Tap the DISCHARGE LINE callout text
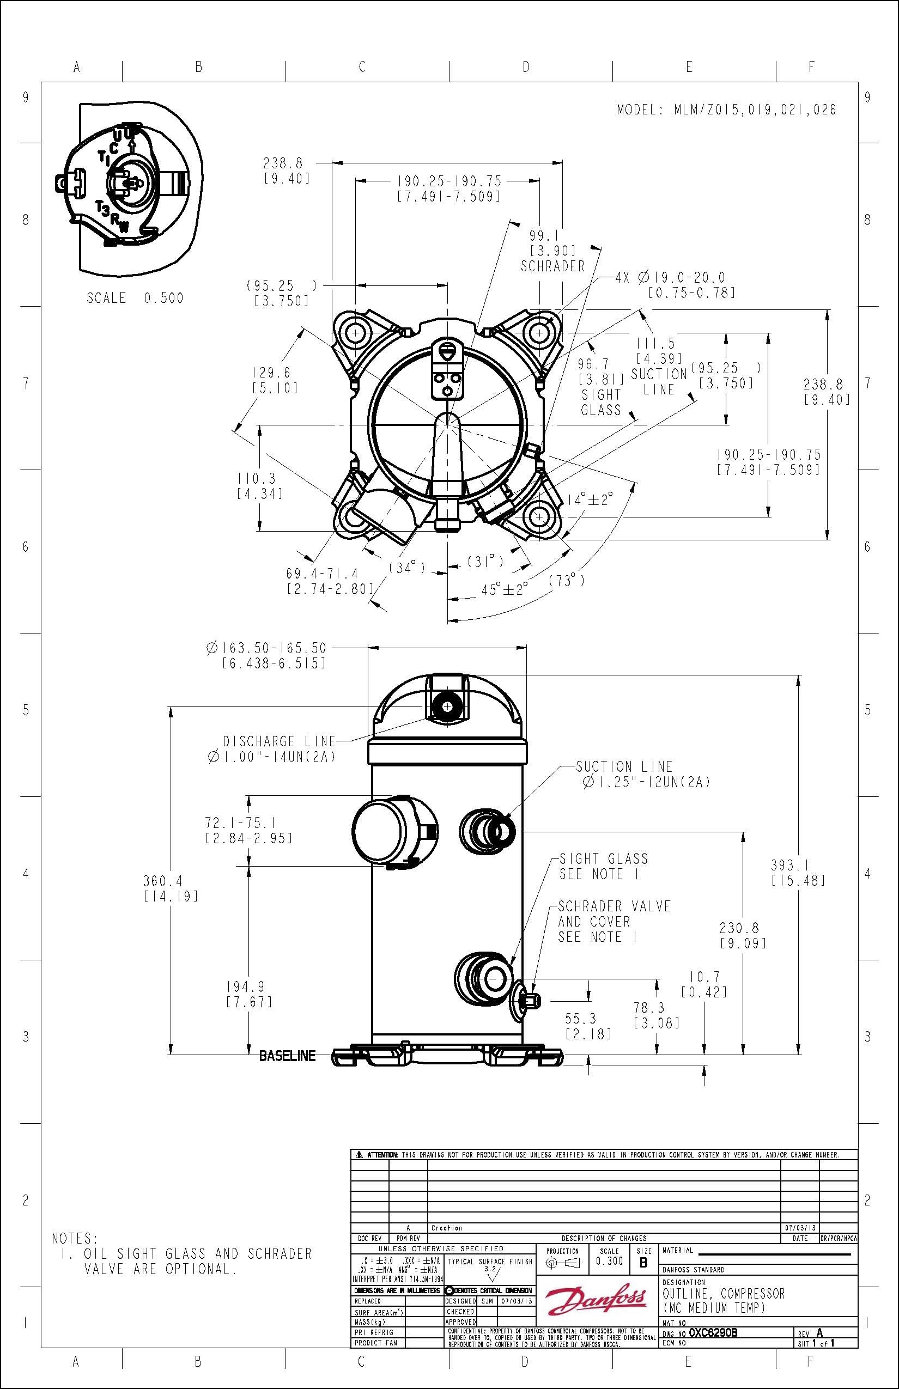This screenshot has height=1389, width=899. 279,742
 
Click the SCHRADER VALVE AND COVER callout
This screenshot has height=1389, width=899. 614,922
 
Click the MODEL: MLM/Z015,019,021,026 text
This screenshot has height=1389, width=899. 726,109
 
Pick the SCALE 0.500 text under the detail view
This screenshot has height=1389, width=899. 135,298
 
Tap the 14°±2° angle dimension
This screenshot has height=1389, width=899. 591,499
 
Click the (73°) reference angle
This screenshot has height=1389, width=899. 566,580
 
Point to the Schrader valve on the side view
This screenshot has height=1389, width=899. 529,1000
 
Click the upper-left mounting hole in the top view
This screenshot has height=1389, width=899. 355,333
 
